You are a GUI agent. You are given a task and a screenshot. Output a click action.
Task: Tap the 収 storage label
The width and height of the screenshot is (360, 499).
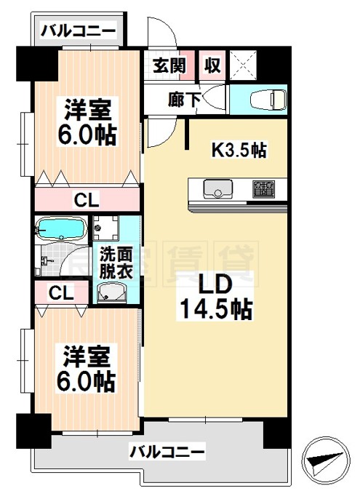point(212,65)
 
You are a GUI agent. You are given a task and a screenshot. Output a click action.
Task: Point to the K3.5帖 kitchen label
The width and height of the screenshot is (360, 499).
point(239,151)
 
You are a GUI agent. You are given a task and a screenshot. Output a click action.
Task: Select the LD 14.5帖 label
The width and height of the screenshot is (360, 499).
point(215,296)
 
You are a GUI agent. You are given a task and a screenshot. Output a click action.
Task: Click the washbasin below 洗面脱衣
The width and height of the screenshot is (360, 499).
point(113,292)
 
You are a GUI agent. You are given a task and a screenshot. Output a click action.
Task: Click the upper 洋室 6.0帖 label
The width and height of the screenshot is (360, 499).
point(86,123)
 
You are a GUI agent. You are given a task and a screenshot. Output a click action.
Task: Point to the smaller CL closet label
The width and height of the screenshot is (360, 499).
point(60,292)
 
